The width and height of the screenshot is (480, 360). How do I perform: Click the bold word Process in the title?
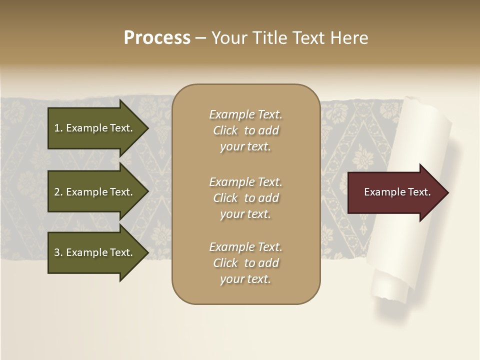(x=157, y=38)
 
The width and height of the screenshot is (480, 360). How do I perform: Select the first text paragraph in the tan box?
(x=245, y=130)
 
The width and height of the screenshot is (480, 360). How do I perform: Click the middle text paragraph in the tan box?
(x=245, y=197)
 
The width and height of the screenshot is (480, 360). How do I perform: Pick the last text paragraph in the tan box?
(x=245, y=262)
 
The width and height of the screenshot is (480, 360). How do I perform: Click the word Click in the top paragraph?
(x=225, y=130)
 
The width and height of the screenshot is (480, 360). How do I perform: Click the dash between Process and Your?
(x=200, y=38)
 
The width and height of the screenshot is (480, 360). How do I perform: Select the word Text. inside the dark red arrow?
(x=417, y=192)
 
